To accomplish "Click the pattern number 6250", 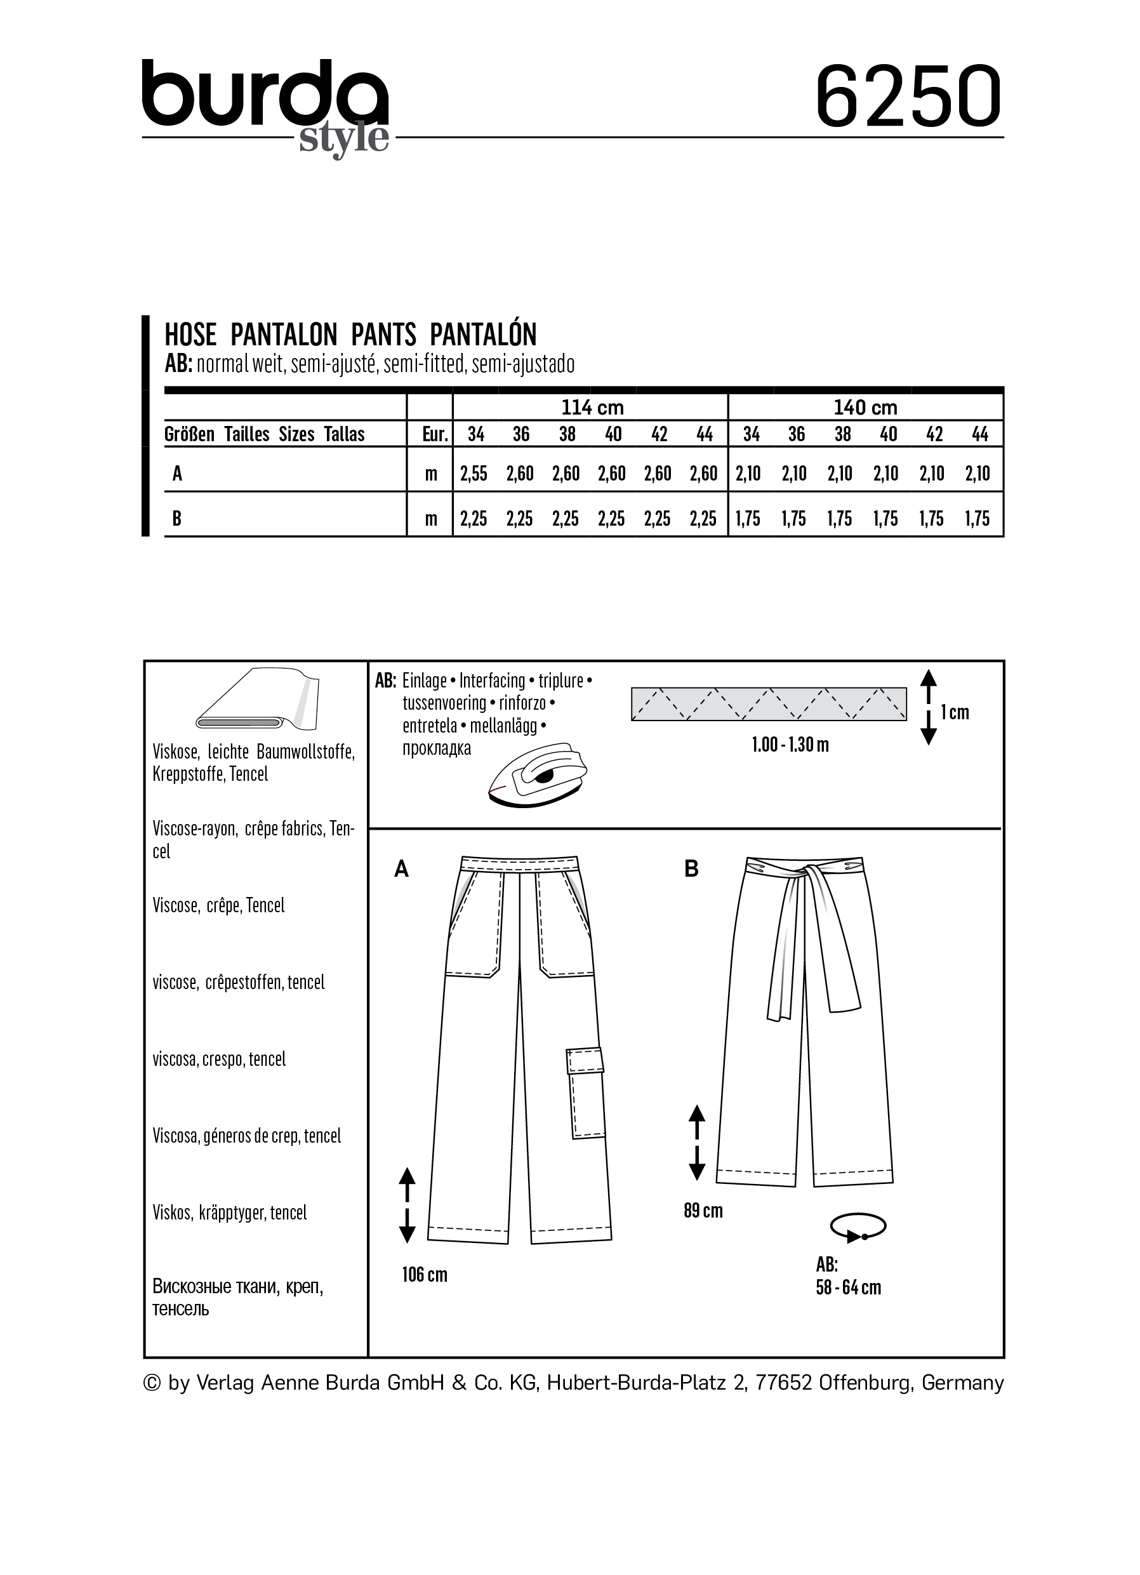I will [x=908, y=96].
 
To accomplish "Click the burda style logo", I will [x=265, y=104].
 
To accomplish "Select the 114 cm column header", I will [x=592, y=408].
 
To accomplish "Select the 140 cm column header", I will [x=865, y=408].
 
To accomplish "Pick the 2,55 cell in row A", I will [x=474, y=474].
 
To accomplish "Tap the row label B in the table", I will [x=177, y=518].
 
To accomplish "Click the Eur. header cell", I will [x=435, y=435].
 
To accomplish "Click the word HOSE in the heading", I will [x=190, y=335].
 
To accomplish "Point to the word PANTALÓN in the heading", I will [x=483, y=335].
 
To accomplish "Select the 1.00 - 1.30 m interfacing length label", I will [x=790, y=745].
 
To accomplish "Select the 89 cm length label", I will [x=703, y=1211].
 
